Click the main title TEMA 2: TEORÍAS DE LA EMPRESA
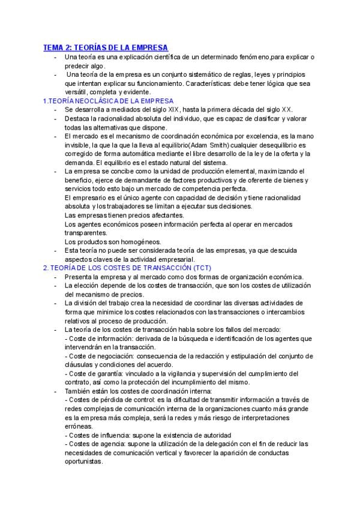pyautogui.click(x=106, y=47)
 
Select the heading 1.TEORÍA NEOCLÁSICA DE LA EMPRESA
pyautogui.click(x=108, y=101)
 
